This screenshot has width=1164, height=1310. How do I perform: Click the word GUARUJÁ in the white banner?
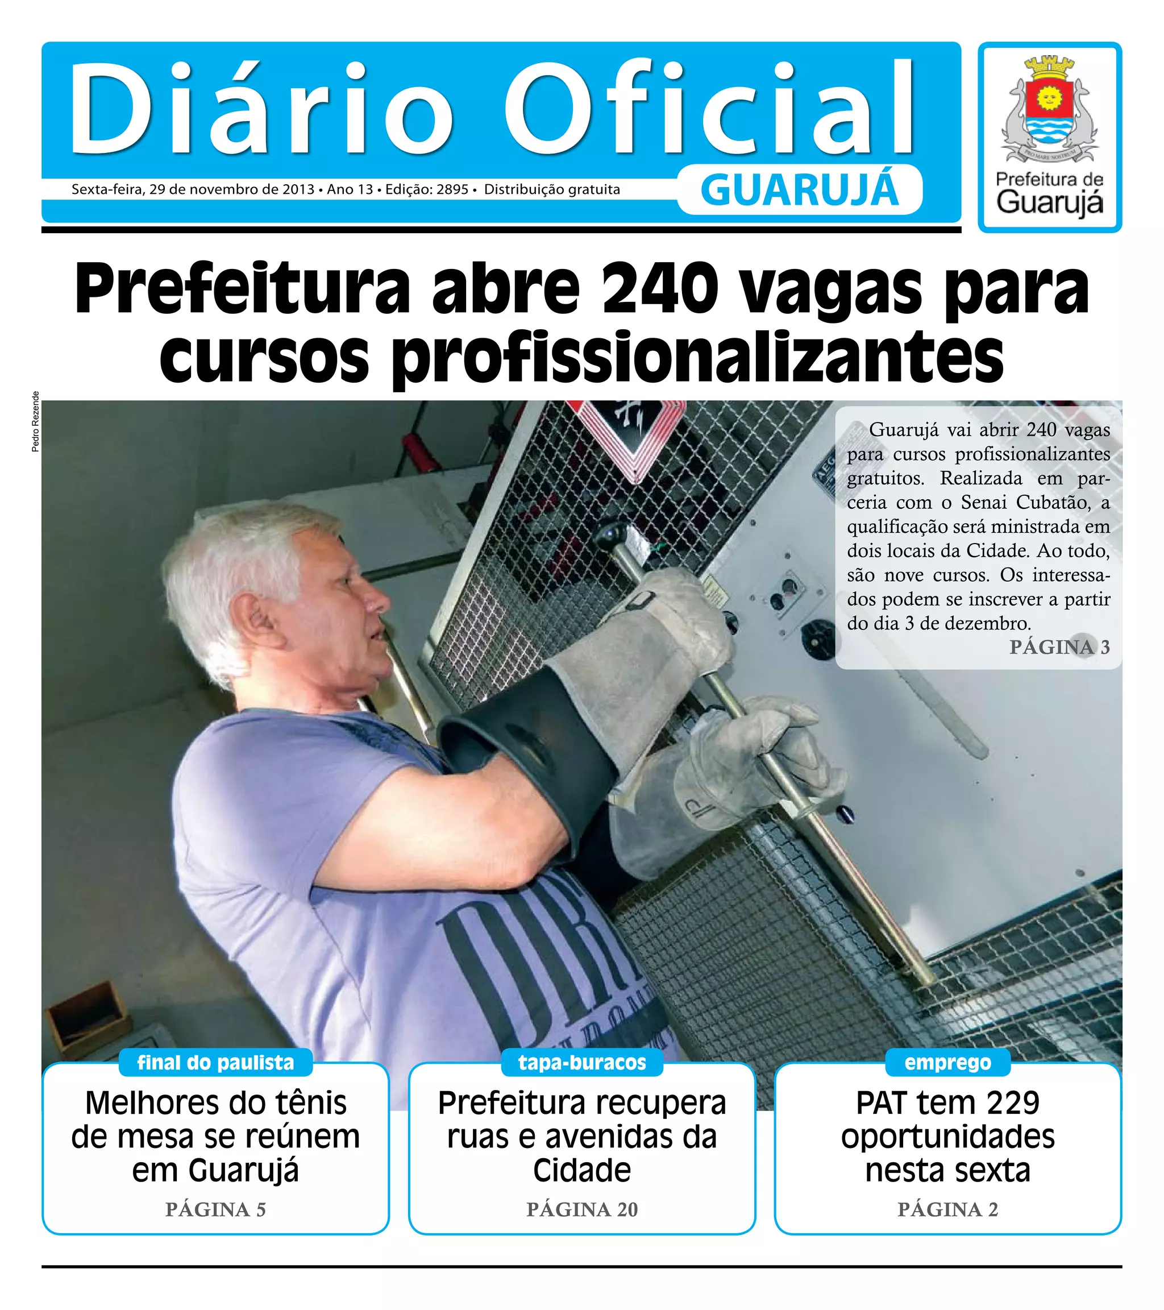coord(800,190)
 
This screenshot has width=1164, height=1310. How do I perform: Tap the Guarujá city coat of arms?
coord(1049,110)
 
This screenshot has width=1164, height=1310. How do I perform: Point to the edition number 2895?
coord(452,190)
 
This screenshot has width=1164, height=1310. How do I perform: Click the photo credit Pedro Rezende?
coord(35,421)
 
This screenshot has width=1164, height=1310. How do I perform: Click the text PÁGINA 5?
coord(215,1209)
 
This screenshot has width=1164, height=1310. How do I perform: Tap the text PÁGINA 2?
coord(947,1209)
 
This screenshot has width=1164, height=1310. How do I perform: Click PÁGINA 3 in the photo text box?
coord(1059,646)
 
